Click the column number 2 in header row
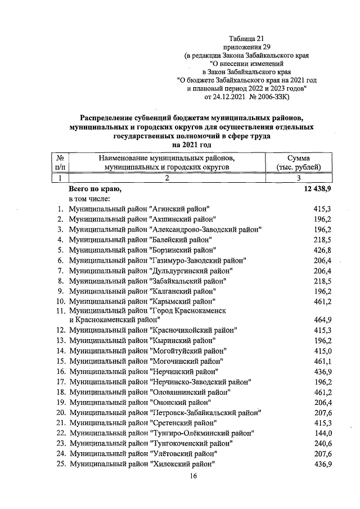[x=167, y=178]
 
